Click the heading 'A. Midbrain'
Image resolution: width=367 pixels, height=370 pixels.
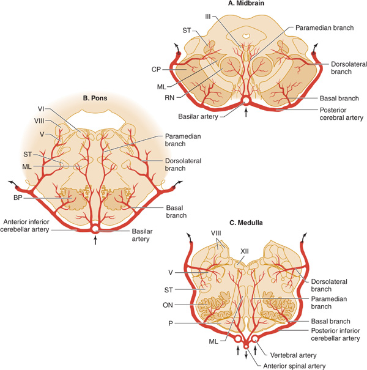[248, 4]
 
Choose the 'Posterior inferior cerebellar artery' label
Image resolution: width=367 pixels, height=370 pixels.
[324, 334]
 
